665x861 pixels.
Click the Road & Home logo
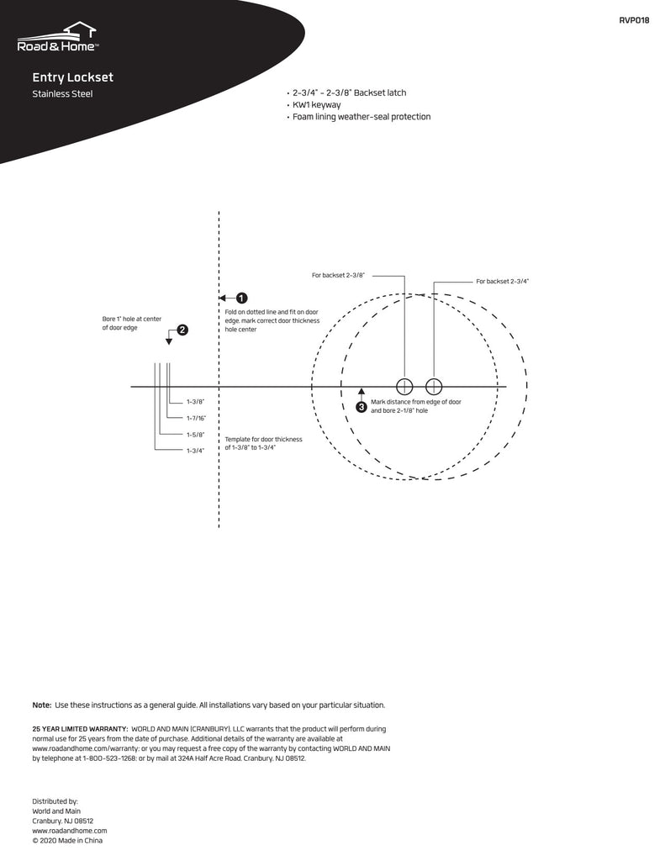(x=58, y=39)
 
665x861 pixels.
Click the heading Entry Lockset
(x=72, y=77)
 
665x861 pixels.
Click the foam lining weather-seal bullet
(x=361, y=117)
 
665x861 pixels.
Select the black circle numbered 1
(x=241, y=298)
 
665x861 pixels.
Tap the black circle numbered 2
(x=182, y=330)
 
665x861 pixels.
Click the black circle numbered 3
(x=362, y=407)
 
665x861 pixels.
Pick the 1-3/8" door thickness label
(x=196, y=403)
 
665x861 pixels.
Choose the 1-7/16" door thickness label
(x=196, y=418)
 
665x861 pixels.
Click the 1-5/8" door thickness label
(x=196, y=435)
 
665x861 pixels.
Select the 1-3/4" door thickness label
(x=196, y=451)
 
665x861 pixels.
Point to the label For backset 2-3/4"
(x=503, y=282)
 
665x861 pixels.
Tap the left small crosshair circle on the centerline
(x=404, y=387)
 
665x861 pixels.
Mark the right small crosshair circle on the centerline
(x=434, y=387)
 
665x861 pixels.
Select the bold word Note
(x=41, y=705)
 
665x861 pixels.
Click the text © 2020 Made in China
(x=67, y=840)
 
